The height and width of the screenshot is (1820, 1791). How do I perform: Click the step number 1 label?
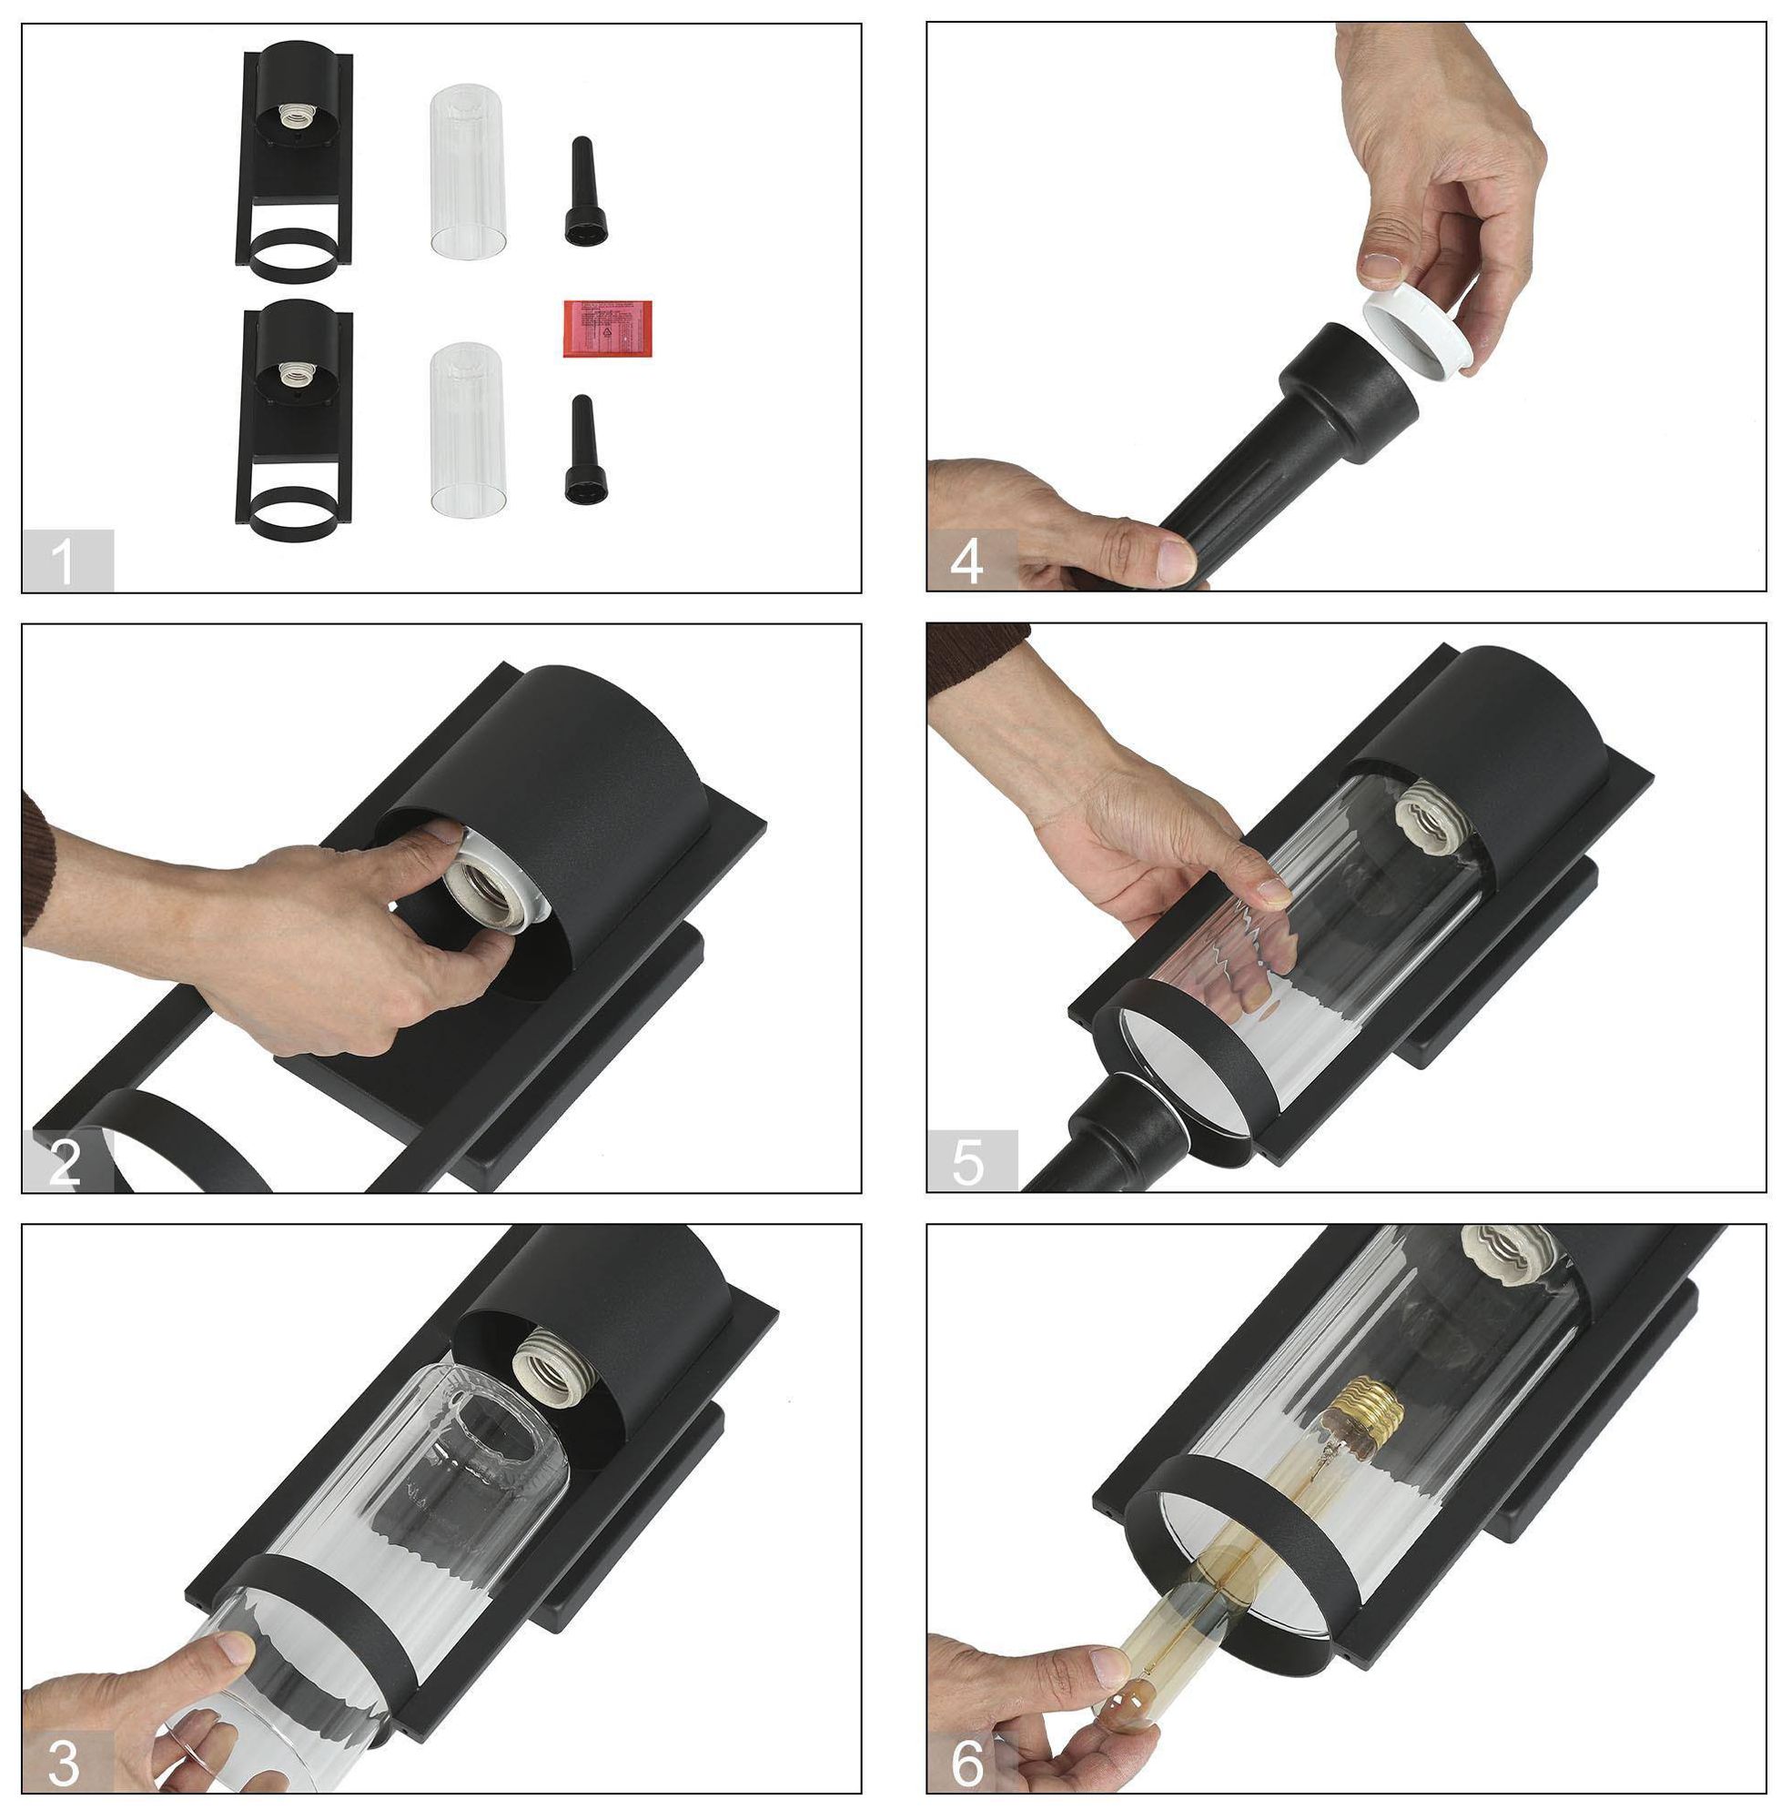(x=64, y=562)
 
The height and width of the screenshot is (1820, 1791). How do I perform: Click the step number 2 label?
(x=64, y=1163)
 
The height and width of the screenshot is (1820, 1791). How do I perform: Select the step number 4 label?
(x=968, y=562)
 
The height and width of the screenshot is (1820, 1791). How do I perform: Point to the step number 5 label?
(x=968, y=1163)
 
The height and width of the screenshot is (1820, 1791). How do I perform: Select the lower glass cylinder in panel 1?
(x=468, y=428)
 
